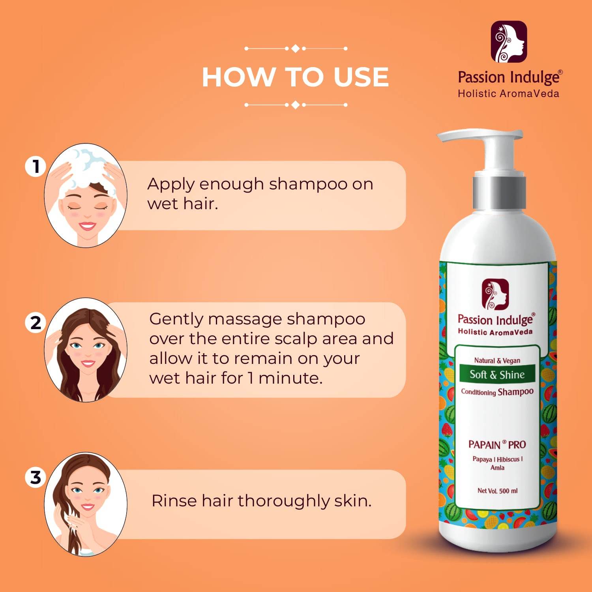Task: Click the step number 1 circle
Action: [36, 166]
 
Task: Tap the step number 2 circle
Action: [36, 322]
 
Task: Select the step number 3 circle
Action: [36, 477]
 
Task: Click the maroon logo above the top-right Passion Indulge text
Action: [508, 42]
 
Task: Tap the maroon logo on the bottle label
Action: [495, 294]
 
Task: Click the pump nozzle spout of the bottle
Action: [458, 137]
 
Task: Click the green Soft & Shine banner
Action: [497, 374]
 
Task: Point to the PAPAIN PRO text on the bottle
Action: [497, 444]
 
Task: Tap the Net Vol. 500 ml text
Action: [497, 491]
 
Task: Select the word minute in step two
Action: [290, 378]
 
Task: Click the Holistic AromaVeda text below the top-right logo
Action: [508, 94]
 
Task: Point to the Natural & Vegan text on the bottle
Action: [497, 360]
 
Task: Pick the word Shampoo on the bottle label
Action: [515, 392]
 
